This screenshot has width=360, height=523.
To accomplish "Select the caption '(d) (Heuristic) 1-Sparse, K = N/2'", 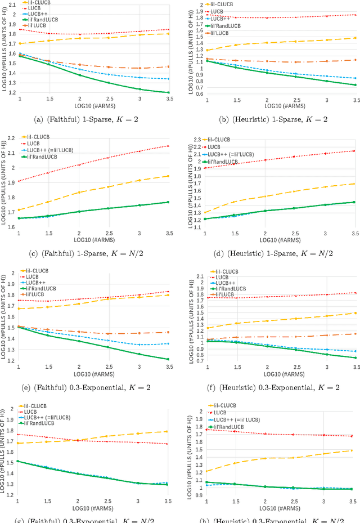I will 272,253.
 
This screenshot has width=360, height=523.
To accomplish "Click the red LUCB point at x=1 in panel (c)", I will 19,181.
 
